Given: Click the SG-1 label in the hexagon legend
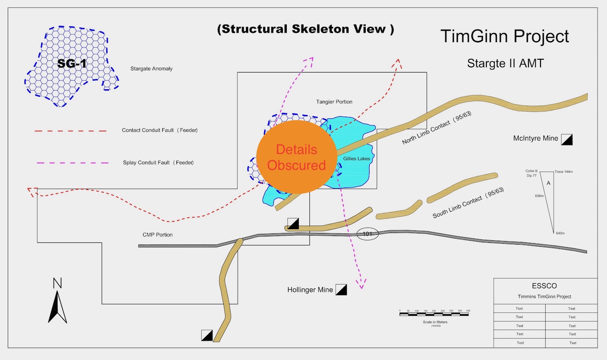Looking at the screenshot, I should (72, 64).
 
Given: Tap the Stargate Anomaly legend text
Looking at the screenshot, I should (152, 69).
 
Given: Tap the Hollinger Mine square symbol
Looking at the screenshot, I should (341, 290).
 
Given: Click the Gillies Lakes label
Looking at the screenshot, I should (356, 159).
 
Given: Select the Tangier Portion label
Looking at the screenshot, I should (334, 102).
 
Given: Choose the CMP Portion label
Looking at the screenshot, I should (158, 235).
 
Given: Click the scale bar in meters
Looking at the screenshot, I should (434, 315).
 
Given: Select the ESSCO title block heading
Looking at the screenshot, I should (545, 286).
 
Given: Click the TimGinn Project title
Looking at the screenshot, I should (504, 36).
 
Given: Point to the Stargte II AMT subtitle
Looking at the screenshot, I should (505, 64).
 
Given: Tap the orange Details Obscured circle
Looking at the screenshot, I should (296, 157).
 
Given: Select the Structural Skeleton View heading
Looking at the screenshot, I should (305, 29).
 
